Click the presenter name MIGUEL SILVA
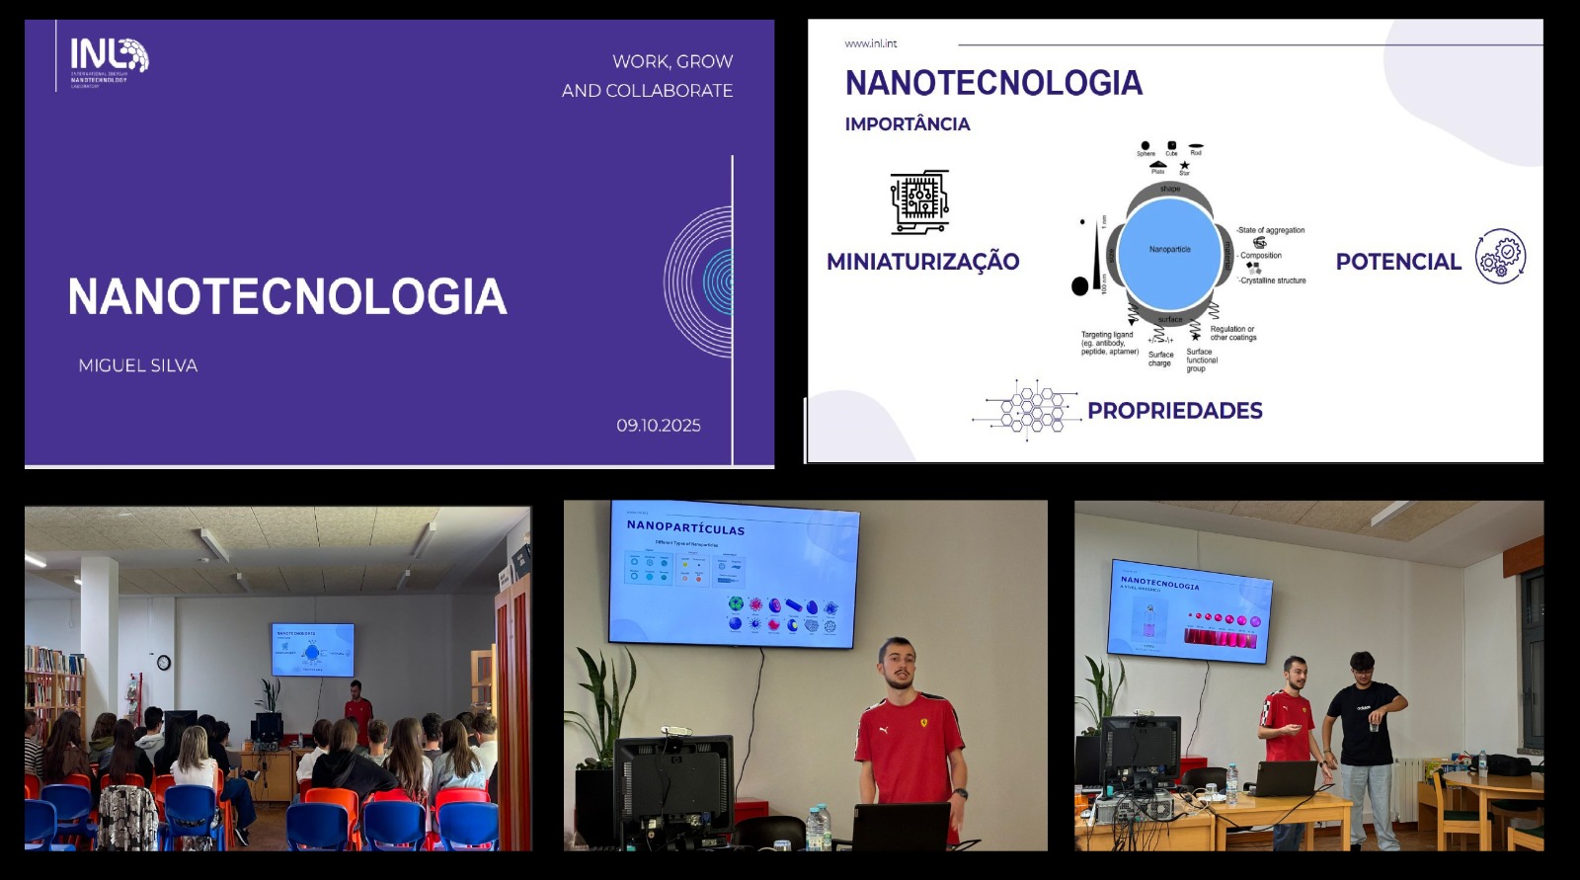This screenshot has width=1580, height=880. (x=138, y=365)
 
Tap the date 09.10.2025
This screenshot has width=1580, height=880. (x=659, y=426)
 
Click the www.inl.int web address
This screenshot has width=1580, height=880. (x=870, y=43)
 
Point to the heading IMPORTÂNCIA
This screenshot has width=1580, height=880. (x=907, y=124)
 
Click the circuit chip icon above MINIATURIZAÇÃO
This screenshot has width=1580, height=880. (x=919, y=201)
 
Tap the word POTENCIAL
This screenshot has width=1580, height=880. (x=1397, y=262)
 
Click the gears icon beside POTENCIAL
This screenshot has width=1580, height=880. (x=1500, y=257)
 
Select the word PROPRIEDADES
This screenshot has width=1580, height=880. (x=1174, y=411)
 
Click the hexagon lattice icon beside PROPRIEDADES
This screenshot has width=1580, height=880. (x=1027, y=409)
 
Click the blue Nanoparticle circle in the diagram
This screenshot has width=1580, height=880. (x=1169, y=252)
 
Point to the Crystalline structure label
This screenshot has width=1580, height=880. (x=1274, y=280)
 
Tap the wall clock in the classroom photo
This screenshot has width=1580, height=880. (x=164, y=663)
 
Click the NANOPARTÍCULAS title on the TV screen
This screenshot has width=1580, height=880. (x=685, y=527)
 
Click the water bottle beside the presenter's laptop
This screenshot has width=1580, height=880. (x=817, y=828)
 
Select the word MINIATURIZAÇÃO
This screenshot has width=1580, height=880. (x=922, y=262)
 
